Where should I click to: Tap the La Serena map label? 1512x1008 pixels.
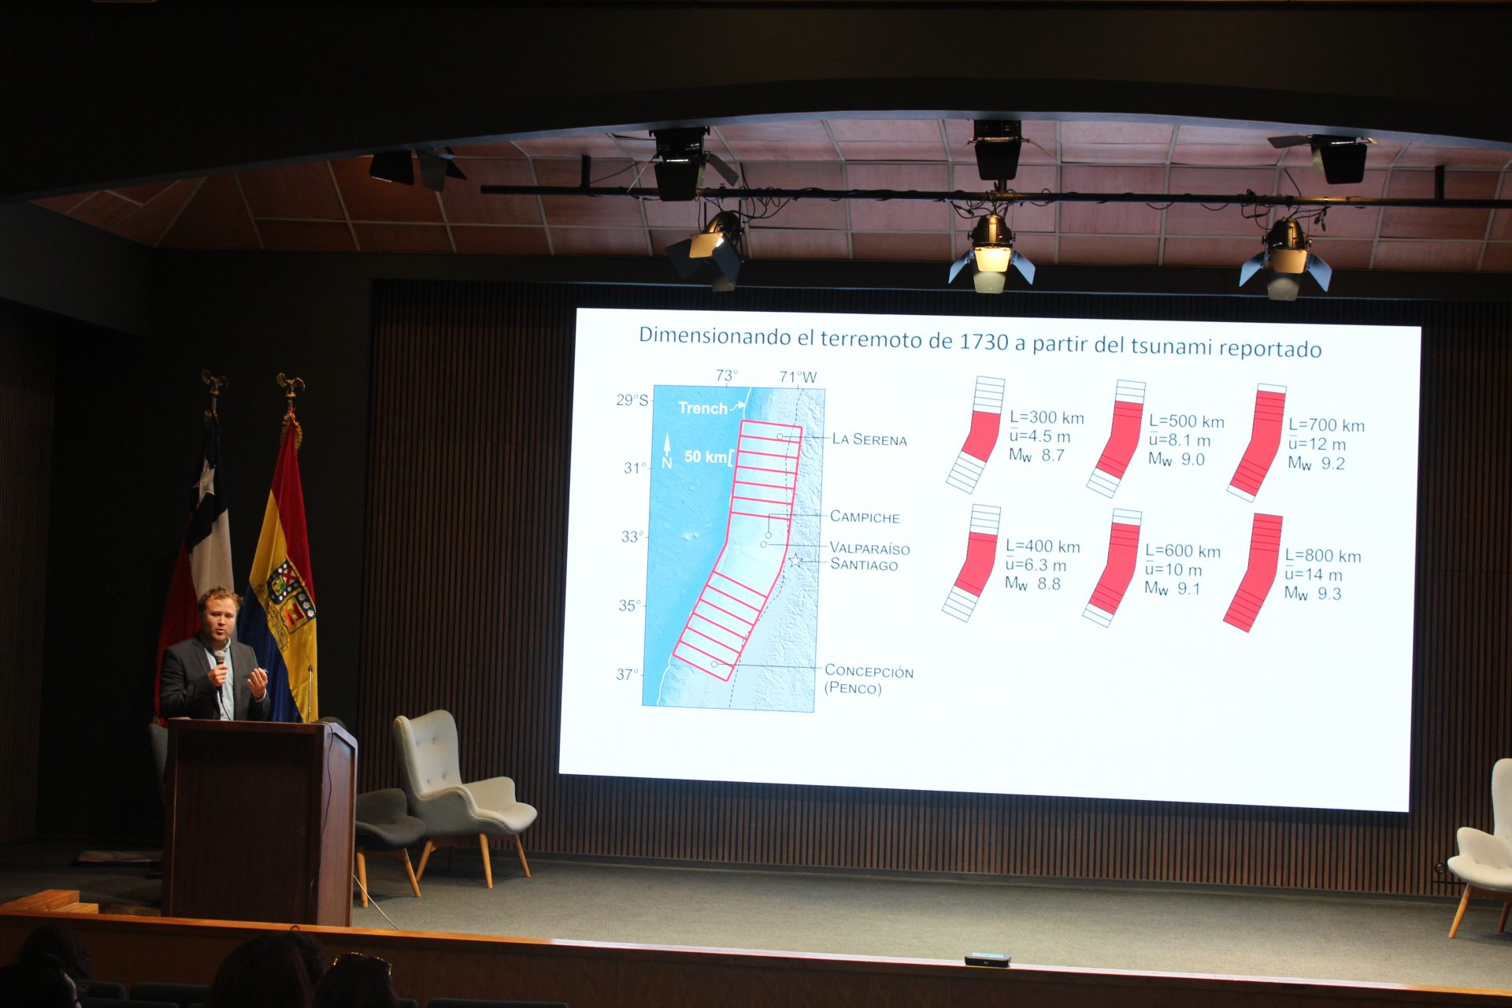[869, 439]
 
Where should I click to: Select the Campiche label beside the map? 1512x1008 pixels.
[865, 517]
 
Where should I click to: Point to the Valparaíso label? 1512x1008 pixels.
[869, 548]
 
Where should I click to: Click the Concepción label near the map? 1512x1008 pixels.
[869, 671]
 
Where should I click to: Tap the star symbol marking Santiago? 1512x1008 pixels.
[796, 561]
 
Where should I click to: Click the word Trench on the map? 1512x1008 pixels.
[702, 408]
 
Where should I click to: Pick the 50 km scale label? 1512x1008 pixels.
[706, 457]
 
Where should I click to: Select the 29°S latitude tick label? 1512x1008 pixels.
[632, 400]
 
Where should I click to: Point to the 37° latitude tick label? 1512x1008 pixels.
[628, 674]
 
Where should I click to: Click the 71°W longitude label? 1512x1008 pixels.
[798, 377]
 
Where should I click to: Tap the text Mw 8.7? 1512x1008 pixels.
[1036, 455]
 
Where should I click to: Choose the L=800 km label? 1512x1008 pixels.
[1323, 556]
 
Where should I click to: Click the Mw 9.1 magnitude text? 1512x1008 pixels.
[1173, 588]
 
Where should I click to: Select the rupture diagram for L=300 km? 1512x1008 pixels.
[976, 435]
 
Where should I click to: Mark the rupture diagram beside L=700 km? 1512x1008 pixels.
[1257, 443]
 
